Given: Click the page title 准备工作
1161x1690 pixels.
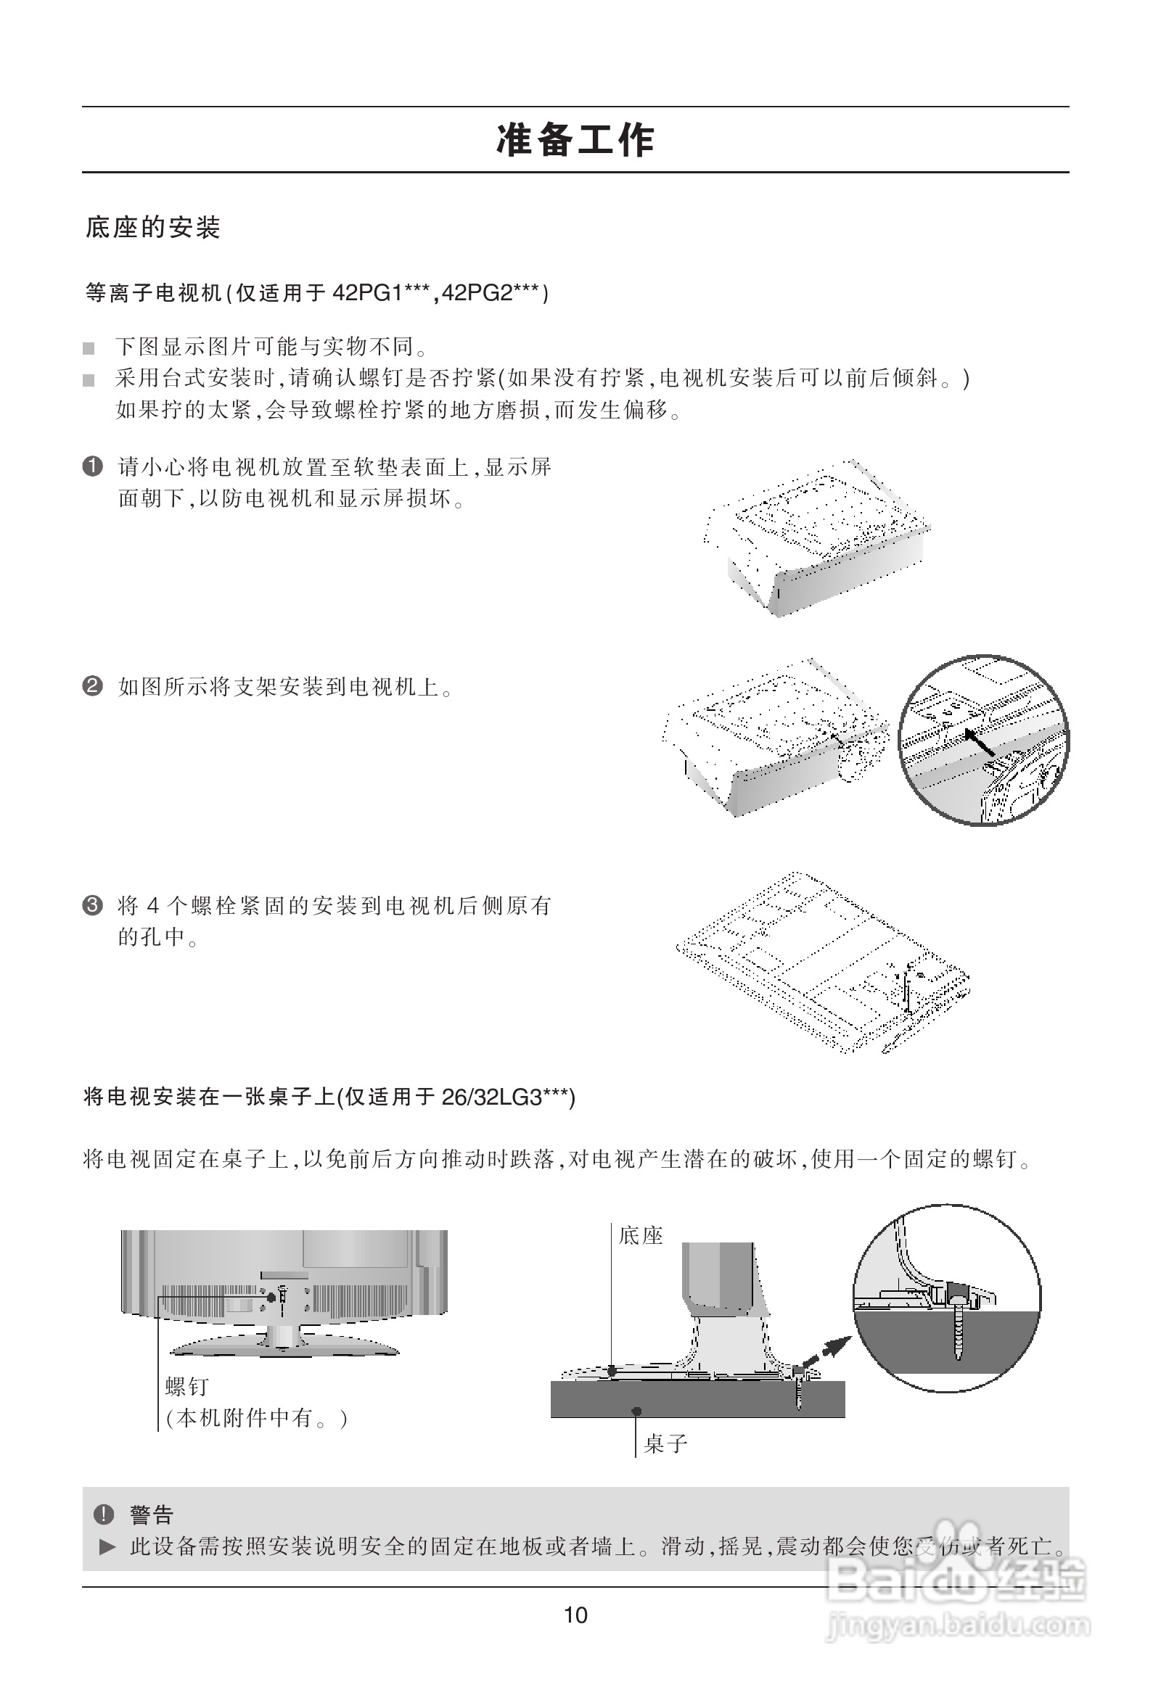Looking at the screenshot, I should point(575,140).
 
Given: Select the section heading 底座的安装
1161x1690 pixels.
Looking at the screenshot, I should point(153,228).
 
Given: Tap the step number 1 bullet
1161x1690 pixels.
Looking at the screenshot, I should point(92,466).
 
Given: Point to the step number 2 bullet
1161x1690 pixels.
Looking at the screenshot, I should point(92,685).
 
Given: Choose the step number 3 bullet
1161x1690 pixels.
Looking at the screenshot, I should point(92,906).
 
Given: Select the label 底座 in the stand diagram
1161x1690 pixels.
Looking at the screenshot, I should point(641,1235).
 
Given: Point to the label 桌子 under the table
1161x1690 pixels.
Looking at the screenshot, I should point(665,1443).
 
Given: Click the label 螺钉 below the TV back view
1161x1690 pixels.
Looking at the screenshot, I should point(187,1387).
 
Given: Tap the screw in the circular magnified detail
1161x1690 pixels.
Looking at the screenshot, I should point(959,1330).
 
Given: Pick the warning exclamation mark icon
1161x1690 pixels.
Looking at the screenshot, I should point(103,1514).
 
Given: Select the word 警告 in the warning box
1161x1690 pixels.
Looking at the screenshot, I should point(152,1515).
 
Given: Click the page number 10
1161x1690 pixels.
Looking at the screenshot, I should point(575,1615).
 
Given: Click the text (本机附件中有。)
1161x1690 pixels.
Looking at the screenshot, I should point(257,1418).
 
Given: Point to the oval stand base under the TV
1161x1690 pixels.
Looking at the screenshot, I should point(284,1347).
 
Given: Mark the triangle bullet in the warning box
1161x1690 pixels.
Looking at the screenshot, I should point(107,1546).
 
